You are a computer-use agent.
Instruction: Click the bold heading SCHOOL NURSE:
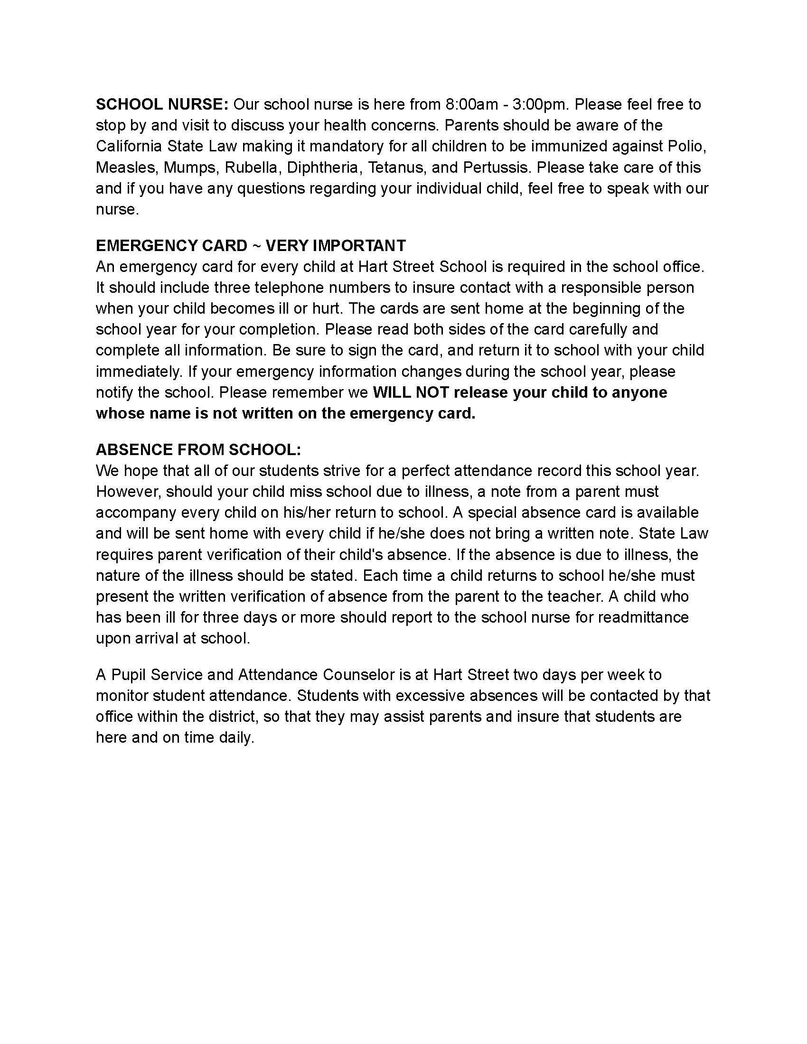click(162, 104)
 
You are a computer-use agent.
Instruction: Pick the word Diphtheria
click(323, 168)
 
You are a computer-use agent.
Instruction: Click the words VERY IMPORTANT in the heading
click(336, 246)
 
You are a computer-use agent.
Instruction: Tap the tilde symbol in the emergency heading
click(256, 246)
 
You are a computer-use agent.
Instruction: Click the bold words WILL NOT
click(410, 392)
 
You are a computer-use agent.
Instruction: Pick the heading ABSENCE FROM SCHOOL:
click(198, 450)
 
